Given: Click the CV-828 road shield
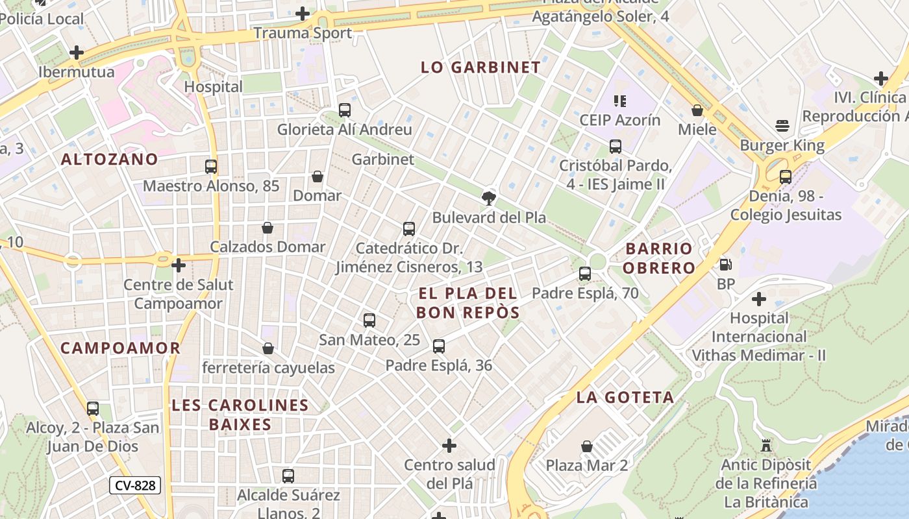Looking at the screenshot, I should (x=134, y=485).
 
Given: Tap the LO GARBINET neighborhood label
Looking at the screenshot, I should (x=480, y=67).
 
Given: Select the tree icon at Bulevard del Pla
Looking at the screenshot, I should (x=488, y=199).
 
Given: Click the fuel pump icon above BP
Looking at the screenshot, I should (x=725, y=265).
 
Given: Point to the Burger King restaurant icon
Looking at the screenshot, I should (x=782, y=126).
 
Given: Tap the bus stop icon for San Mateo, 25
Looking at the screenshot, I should (x=369, y=320).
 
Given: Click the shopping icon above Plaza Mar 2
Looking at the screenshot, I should (x=587, y=446).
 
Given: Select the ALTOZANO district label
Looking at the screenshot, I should (x=110, y=160).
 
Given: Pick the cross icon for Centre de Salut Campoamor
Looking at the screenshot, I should (x=179, y=265).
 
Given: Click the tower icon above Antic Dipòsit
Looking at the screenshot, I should (x=766, y=446).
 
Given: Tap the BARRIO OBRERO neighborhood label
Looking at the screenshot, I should (x=660, y=258).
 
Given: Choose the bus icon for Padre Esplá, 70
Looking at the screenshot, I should (x=585, y=274).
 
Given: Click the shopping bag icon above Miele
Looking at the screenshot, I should (x=697, y=110).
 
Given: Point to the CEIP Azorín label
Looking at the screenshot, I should (x=619, y=121).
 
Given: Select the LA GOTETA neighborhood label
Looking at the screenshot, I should (x=625, y=397).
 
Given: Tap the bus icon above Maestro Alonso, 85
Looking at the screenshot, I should (x=211, y=167).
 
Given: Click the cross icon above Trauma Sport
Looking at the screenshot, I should (x=303, y=14).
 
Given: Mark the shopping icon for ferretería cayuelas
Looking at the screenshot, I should (x=268, y=349).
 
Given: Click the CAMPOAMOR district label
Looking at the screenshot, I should (x=120, y=348).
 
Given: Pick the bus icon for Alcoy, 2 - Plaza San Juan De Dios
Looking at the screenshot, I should (x=93, y=409).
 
